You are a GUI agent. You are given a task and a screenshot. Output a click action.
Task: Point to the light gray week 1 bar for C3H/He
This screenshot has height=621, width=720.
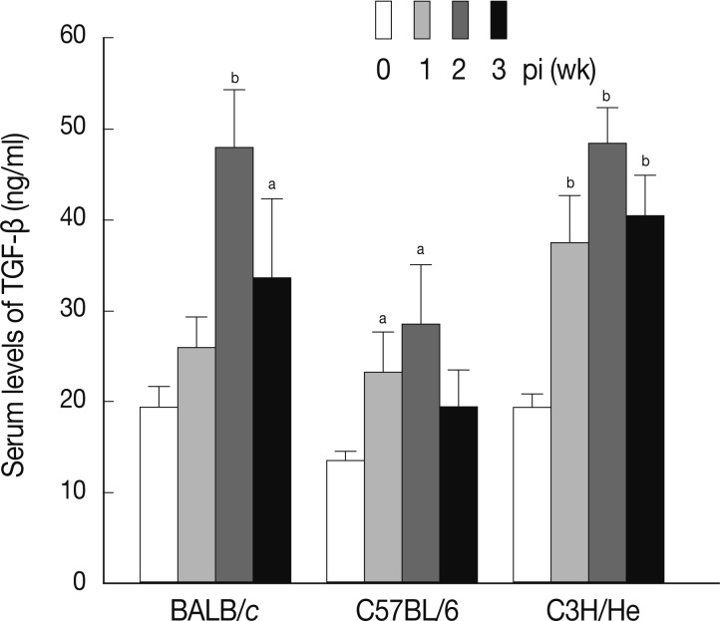[x=569, y=413]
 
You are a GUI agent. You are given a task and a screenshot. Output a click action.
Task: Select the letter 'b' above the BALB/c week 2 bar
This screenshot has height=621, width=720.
[x=234, y=77]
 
